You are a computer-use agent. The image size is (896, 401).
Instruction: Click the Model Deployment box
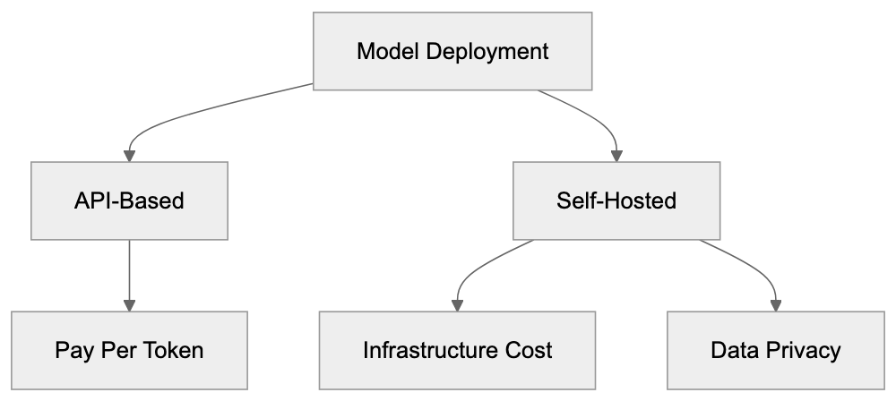tap(452, 51)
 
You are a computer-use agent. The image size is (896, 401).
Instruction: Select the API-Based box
tap(130, 200)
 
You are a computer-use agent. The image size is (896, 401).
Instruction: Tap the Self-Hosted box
tap(617, 200)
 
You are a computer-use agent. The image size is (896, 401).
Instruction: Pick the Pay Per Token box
tap(130, 349)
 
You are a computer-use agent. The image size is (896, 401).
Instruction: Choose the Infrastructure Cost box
tap(458, 349)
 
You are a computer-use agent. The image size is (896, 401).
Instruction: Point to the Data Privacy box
tap(776, 349)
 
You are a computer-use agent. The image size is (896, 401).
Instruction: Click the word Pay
tap(71, 349)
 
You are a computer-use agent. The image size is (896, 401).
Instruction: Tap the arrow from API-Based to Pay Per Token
tap(130, 273)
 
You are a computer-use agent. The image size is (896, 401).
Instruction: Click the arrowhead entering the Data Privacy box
tap(776, 304)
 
